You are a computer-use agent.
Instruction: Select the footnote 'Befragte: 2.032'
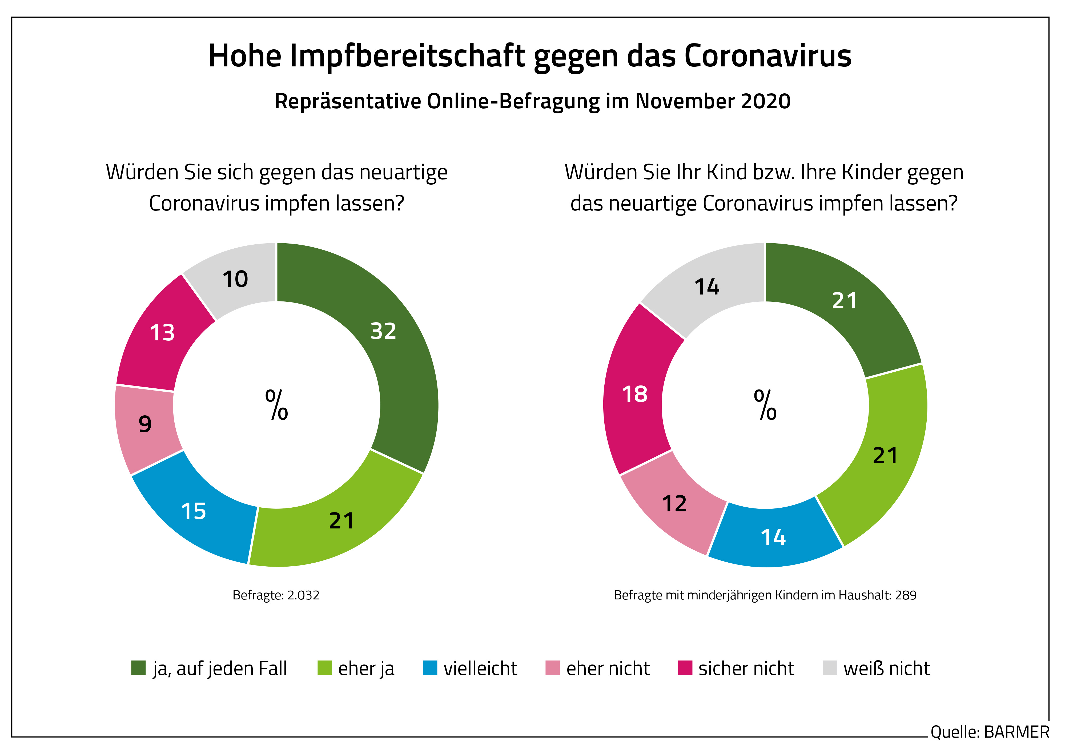pos(276,595)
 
